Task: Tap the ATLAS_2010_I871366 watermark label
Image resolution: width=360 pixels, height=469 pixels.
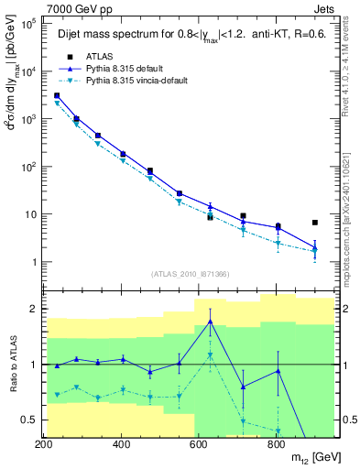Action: tap(191, 274)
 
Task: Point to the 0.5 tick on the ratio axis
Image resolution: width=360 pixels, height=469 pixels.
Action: tap(30, 420)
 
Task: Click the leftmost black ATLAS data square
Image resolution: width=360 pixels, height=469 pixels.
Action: tap(57, 95)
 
